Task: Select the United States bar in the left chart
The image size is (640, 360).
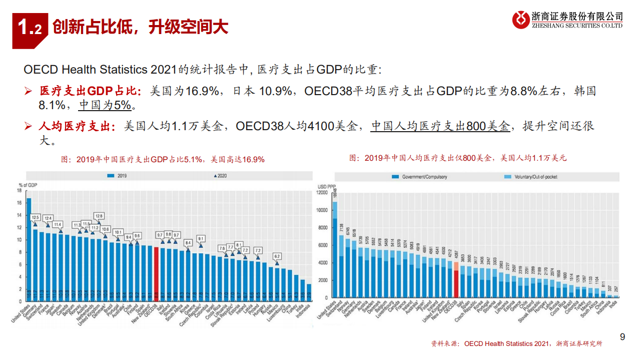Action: [x=29, y=249]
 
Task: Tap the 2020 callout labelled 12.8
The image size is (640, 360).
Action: [x=99, y=216]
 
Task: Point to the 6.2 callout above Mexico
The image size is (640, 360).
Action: [x=277, y=256]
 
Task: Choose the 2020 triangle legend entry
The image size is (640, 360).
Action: [x=220, y=176]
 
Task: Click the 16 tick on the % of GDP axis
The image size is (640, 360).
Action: [x=19, y=203]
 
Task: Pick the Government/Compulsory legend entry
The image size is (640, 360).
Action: [x=420, y=177]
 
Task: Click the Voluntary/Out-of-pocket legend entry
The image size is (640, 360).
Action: [x=528, y=177]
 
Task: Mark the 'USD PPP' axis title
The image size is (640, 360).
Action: [x=326, y=187]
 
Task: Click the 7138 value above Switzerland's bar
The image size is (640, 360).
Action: [x=341, y=228]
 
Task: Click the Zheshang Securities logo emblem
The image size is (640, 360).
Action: [x=520, y=20]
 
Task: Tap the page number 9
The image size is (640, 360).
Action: [x=622, y=337]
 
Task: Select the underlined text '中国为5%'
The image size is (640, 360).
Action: [x=105, y=106]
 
